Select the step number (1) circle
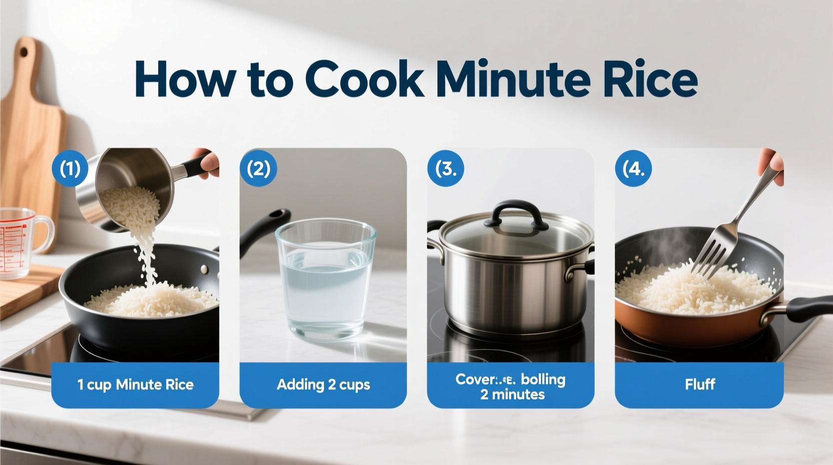(x=70, y=168)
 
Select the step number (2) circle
(x=258, y=168)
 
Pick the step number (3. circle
(x=446, y=168)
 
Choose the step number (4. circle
(x=633, y=168)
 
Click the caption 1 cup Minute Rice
(x=135, y=385)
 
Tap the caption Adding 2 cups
(x=323, y=385)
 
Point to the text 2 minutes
(x=512, y=395)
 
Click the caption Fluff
(x=699, y=385)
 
